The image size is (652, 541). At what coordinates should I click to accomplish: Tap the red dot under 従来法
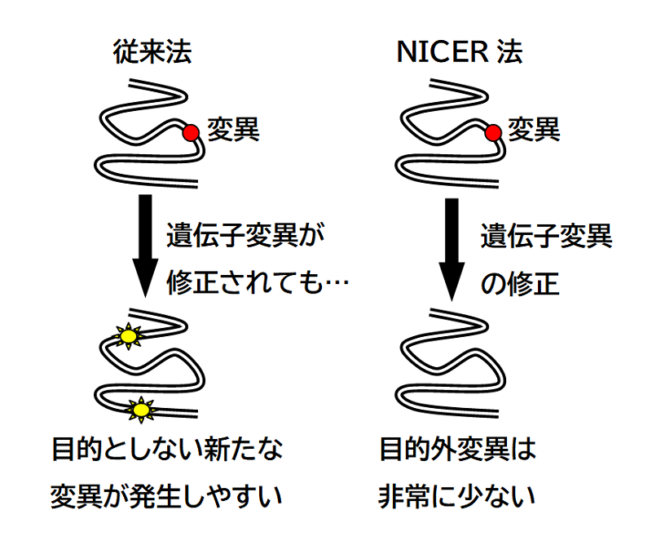(x=191, y=133)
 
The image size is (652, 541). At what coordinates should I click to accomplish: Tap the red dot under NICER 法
(x=492, y=133)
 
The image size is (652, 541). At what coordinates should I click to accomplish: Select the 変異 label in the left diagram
(x=232, y=128)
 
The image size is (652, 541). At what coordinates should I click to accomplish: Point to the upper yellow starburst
(x=127, y=335)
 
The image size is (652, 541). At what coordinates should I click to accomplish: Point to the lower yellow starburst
(x=142, y=408)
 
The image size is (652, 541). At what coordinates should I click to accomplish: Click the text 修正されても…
(x=258, y=283)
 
